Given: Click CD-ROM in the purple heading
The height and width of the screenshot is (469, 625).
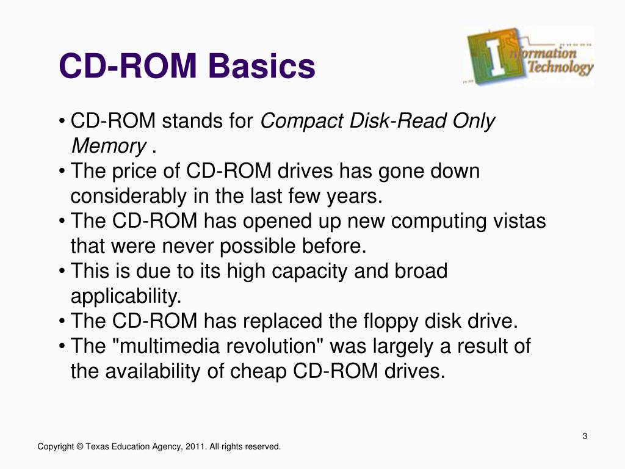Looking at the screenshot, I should pyautogui.click(x=128, y=67).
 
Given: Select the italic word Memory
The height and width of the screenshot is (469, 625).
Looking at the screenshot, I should pyautogui.click(x=108, y=147).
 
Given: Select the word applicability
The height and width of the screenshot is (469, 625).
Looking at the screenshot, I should pyautogui.click(x=126, y=296).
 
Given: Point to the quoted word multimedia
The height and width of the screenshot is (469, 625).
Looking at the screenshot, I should pyautogui.click(x=167, y=346).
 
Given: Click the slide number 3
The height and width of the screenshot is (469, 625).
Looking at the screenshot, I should pyautogui.click(x=585, y=436).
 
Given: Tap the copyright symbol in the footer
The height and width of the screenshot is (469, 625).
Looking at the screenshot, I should pyautogui.click(x=80, y=447).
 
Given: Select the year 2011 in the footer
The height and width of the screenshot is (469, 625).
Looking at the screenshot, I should pyautogui.click(x=195, y=447).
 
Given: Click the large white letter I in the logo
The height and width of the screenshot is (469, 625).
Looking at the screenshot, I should pyautogui.click(x=496, y=58).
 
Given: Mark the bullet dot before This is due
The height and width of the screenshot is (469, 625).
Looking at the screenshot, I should pyautogui.click(x=63, y=271).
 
